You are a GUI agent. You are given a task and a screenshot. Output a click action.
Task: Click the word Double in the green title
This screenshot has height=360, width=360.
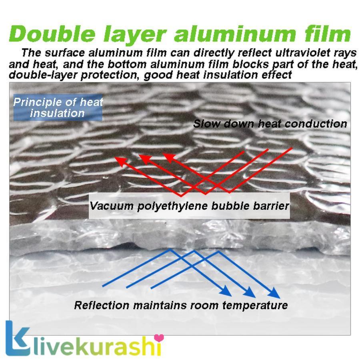(x=52, y=34)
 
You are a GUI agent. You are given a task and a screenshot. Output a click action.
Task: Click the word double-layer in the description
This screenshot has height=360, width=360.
(x=43, y=75)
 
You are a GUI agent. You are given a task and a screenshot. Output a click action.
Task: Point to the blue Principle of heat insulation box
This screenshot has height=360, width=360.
(x=58, y=108)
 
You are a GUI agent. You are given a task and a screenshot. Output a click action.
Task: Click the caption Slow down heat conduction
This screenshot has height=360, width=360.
(x=270, y=124)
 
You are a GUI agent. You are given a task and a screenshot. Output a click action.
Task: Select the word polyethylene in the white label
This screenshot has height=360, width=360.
(x=173, y=206)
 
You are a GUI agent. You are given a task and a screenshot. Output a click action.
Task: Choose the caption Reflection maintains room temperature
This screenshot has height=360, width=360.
(x=181, y=305)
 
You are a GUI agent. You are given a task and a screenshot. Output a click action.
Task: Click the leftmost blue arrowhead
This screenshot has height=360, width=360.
(x=226, y=291)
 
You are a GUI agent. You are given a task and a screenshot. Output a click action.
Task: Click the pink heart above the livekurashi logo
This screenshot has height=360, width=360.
(x=159, y=338)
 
